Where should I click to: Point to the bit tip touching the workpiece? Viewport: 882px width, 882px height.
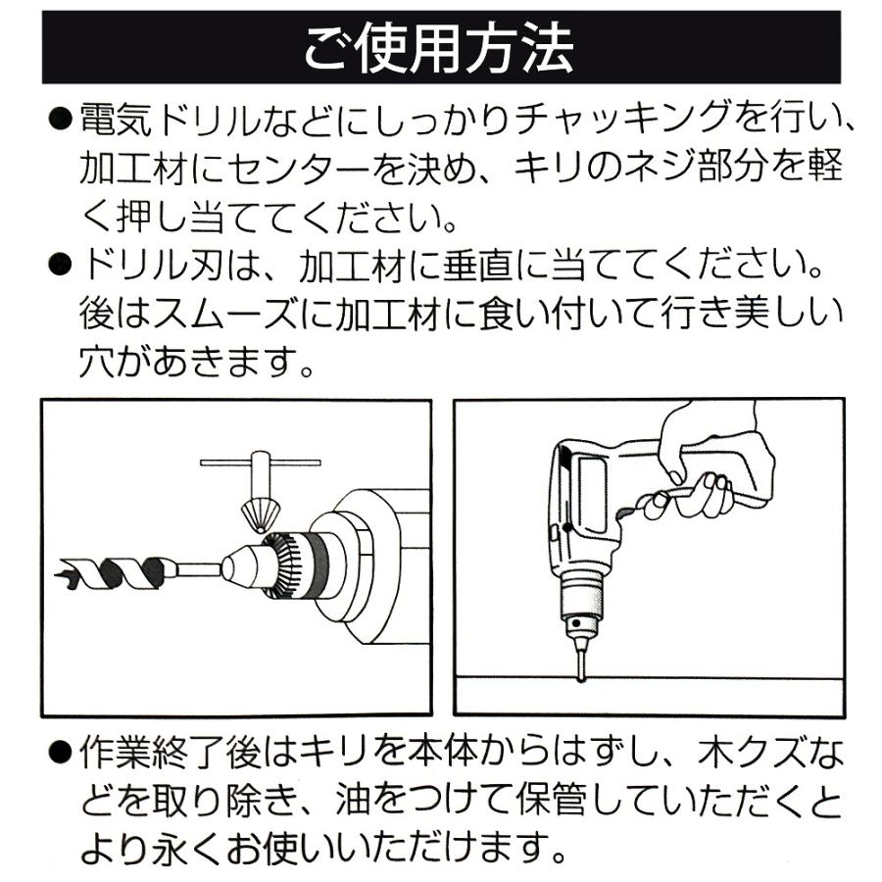[x=581, y=672]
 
